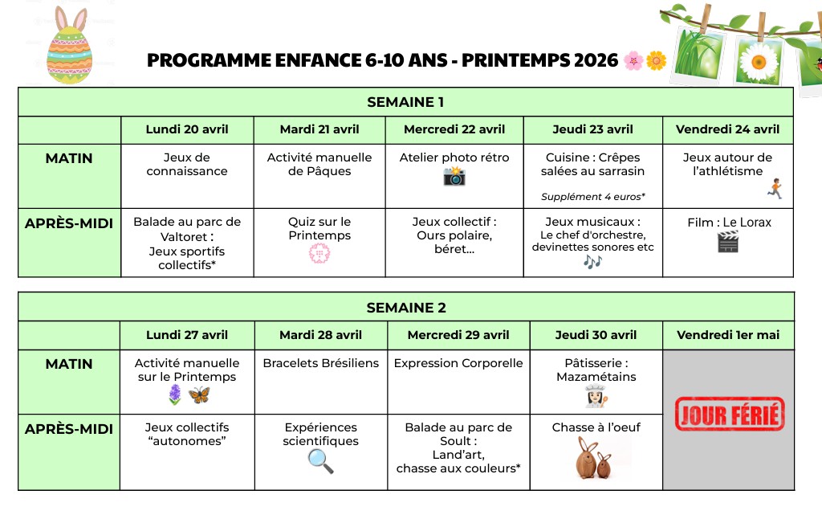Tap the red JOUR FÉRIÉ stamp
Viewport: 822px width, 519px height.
(730, 415)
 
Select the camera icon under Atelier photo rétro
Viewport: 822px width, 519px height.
(454, 176)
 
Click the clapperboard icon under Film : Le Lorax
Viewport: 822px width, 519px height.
(728, 241)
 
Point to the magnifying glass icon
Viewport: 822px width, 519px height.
(320, 460)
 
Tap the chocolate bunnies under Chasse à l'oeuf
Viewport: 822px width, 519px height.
(594, 459)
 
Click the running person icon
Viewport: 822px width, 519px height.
(775, 189)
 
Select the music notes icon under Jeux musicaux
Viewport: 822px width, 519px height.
(592, 262)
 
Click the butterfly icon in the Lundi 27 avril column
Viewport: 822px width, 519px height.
(199, 394)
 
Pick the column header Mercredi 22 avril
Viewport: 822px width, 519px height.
(454, 129)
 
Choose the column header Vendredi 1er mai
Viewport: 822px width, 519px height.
(728, 335)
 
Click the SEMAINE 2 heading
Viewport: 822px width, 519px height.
(406, 308)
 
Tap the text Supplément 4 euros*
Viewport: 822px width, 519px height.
(593, 196)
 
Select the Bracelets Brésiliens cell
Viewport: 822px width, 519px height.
(321, 363)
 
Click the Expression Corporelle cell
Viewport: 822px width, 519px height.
(458, 363)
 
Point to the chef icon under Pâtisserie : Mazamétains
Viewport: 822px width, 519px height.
(595, 395)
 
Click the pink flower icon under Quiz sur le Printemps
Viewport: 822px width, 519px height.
(319, 254)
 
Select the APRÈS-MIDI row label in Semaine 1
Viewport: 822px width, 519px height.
(69, 223)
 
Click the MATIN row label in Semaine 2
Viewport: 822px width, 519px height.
(69, 364)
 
